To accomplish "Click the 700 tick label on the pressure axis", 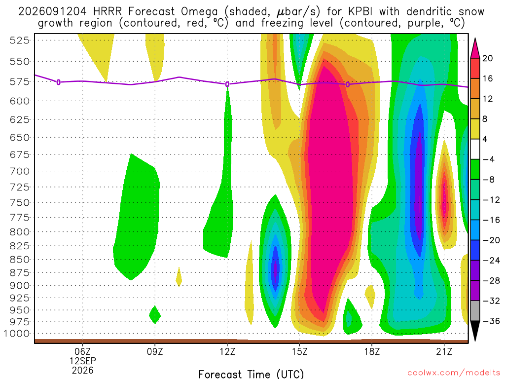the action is (19, 171).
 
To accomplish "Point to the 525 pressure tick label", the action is (19, 40).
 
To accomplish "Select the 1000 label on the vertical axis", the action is (16, 334).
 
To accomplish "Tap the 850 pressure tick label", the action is (19, 260).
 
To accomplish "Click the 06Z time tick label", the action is (83, 351).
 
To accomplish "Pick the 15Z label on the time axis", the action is (299, 351).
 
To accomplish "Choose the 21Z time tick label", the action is (444, 351).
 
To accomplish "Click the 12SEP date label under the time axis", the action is (83, 361).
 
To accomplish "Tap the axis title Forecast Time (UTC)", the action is (251, 374).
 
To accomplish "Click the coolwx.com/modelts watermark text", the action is (454, 373).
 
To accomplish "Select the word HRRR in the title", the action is (108, 12).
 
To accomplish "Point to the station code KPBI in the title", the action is (360, 12).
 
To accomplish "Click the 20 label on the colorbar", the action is (488, 58).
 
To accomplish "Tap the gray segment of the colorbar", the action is (475, 311).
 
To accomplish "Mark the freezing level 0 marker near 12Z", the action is (227, 84).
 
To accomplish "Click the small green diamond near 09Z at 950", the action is (155, 314).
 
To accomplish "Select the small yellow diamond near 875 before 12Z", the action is (179, 277).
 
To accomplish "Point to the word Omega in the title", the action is (199, 12).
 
